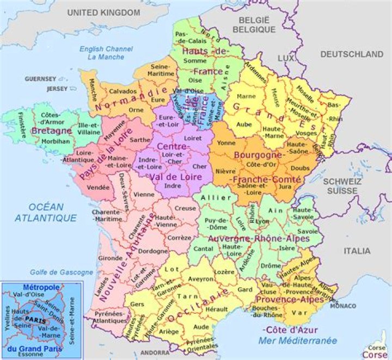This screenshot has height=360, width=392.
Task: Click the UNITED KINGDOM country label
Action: tap(103, 12)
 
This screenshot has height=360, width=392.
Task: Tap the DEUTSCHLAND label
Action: tap(351, 54)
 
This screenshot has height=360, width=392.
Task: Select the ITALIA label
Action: tap(357, 251)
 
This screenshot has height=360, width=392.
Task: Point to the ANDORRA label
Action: tap(155, 352)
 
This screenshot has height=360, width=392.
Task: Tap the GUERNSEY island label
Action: tap(40, 79)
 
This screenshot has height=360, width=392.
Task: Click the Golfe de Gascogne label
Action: tap(54, 272)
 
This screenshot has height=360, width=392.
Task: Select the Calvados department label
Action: tap(122, 91)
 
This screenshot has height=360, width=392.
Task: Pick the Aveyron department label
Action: tap(201, 278)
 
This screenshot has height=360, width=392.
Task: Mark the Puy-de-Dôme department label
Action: tap(216, 224)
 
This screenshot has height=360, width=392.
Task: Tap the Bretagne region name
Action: tap(52, 131)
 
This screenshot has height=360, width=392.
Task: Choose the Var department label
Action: tap(296, 313)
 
